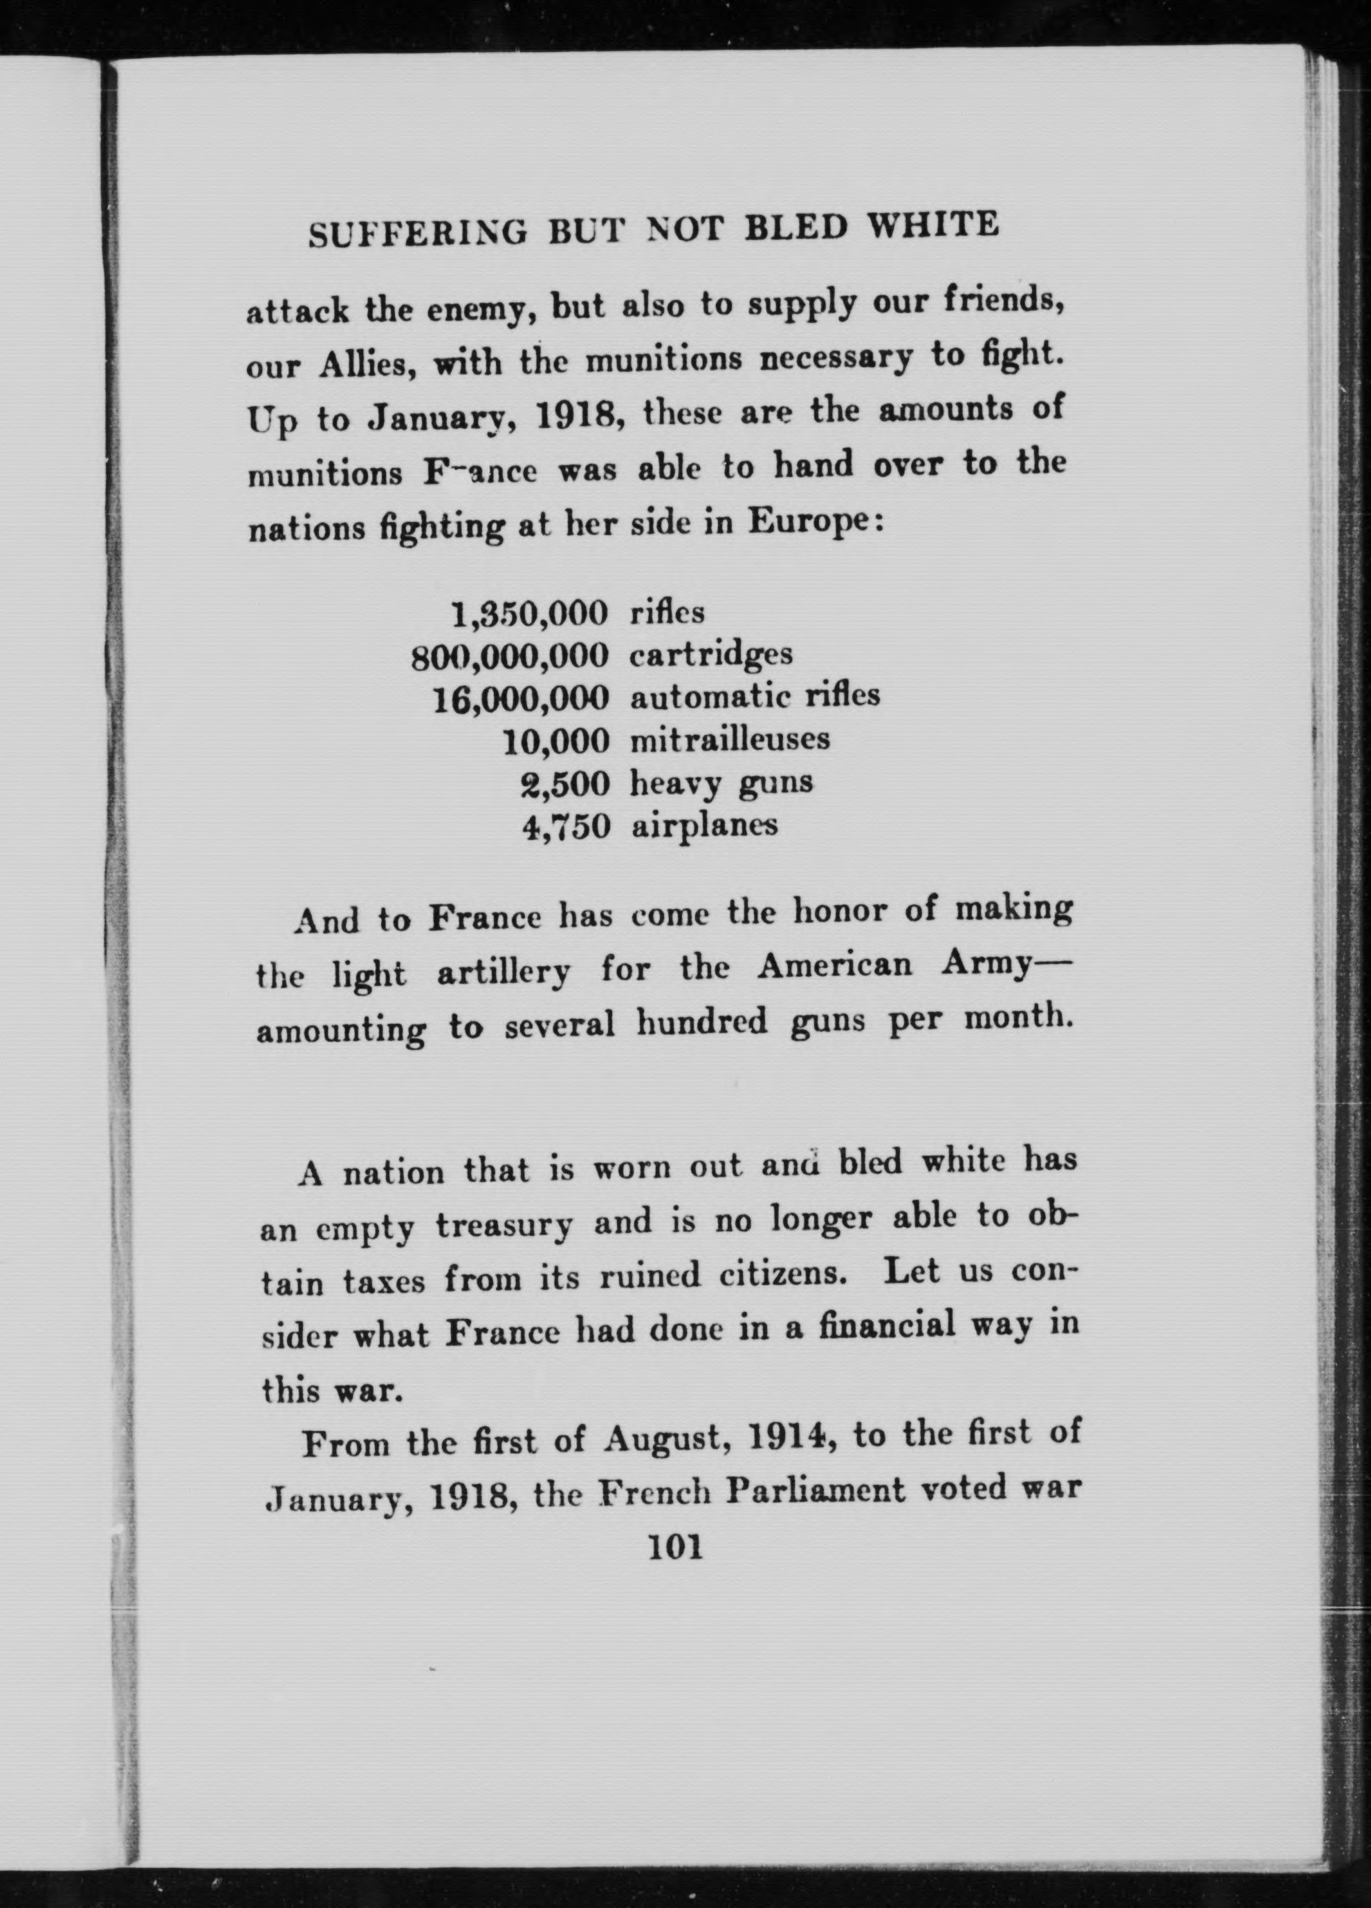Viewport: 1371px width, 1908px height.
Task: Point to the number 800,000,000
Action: pyautogui.click(x=509, y=657)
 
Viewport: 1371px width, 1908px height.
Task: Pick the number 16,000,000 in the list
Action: pyautogui.click(x=520, y=698)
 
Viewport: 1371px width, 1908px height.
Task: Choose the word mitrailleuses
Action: pyautogui.click(x=730, y=740)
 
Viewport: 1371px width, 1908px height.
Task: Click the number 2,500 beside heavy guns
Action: pyautogui.click(x=564, y=783)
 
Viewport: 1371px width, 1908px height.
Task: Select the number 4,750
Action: pyautogui.click(x=564, y=827)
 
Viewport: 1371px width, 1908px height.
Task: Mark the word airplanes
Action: pyautogui.click(x=704, y=827)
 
